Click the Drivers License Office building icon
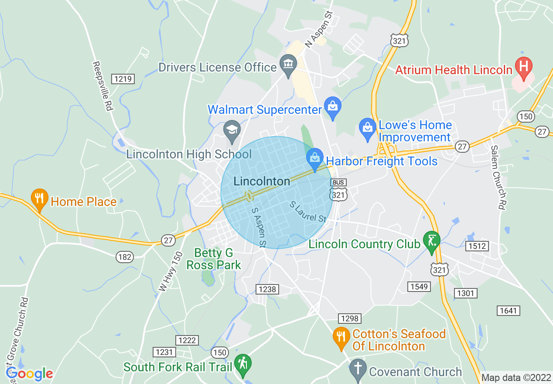click(x=288, y=65)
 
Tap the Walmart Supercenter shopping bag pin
click(x=333, y=106)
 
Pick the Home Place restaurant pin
click(x=39, y=199)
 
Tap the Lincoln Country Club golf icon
click(x=432, y=241)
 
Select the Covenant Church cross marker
click(x=358, y=370)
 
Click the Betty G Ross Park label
click(x=214, y=259)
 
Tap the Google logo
click(x=30, y=374)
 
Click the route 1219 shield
click(x=123, y=79)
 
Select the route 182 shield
click(x=125, y=257)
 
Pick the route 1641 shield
click(x=508, y=311)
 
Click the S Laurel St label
click(x=308, y=211)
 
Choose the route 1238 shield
click(x=267, y=289)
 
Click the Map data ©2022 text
click(x=516, y=377)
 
